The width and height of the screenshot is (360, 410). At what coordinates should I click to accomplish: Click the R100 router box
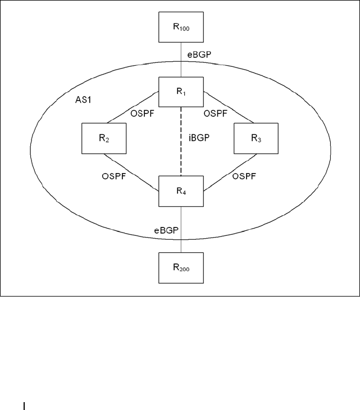181,27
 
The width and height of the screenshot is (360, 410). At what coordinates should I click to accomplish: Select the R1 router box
181,92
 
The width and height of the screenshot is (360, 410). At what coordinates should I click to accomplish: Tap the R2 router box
104,138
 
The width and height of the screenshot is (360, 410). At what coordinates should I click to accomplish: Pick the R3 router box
256,138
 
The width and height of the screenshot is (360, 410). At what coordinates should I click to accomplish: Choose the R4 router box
181,191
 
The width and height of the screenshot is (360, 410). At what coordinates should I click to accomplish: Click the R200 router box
181,268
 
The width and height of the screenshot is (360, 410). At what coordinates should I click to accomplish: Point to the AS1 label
83,100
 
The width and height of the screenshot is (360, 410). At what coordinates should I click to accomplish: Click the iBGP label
199,138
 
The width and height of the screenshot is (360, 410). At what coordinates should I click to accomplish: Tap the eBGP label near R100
199,54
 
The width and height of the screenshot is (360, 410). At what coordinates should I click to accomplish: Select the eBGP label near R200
167,230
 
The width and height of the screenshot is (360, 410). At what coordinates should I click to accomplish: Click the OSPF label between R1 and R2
143,113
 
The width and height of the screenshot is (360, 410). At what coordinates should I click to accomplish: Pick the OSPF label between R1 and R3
216,113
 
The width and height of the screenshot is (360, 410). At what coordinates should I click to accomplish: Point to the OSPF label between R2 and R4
114,176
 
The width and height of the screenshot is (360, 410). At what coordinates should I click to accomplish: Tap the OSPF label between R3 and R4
244,176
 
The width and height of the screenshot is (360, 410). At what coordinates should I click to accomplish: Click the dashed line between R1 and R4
181,142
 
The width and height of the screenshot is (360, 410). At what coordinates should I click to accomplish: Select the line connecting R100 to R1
181,60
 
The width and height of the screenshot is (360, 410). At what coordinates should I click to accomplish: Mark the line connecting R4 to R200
181,230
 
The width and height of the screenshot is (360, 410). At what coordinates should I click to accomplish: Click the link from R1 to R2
133,107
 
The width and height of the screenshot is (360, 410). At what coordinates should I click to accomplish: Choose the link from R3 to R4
230,172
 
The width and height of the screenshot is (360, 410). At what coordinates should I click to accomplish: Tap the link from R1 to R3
229,107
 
